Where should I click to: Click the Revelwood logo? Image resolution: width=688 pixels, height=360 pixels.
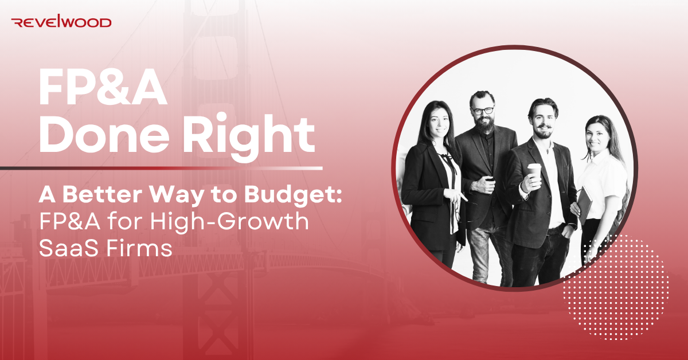61,22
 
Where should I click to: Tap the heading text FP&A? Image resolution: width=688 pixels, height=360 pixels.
103,88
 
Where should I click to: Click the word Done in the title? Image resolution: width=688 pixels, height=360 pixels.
104,135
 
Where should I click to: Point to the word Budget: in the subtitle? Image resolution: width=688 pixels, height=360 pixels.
293,194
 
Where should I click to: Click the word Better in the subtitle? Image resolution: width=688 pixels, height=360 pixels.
103,194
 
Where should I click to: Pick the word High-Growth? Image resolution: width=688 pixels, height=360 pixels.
229,222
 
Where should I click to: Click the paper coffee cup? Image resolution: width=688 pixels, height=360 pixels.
534,175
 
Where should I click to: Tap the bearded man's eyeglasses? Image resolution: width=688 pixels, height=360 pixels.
483,111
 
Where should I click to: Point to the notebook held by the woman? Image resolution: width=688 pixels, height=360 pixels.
584,205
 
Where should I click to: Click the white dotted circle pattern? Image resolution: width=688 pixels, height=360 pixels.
616,287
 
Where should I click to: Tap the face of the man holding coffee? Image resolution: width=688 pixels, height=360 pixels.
543,122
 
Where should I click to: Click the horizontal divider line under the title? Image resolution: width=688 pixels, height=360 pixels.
161,169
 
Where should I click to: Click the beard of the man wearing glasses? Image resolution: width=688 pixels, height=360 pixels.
484,124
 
